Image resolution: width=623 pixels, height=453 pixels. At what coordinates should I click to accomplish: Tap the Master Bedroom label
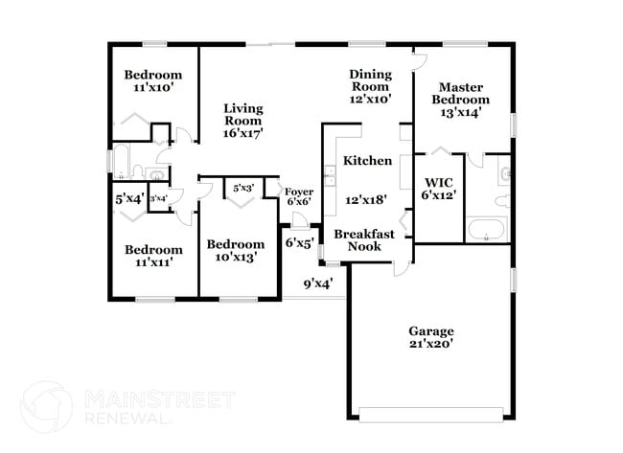point(460,99)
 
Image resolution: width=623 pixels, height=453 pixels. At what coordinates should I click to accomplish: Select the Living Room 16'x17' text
point(243,121)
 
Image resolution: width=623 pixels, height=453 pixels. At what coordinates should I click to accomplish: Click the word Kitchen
point(367,160)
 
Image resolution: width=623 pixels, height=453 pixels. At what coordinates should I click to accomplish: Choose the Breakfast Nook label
point(358,239)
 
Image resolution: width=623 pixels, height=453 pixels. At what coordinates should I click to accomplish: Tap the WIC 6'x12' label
point(439,188)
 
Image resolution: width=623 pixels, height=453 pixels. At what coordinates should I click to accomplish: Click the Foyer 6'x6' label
point(298,196)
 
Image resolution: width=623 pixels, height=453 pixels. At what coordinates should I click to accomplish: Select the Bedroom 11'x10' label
point(153,81)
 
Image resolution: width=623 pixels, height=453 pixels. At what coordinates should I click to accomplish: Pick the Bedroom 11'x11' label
point(153,256)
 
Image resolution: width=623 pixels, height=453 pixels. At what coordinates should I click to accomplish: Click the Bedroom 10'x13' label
point(236,250)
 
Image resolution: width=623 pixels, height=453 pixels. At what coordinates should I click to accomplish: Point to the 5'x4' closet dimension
point(128,199)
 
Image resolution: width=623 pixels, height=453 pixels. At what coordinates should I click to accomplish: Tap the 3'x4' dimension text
point(158,198)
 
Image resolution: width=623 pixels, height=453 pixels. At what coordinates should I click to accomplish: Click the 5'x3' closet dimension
point(242,188)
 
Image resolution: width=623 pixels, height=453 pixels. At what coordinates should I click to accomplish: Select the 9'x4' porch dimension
point(317,283)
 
